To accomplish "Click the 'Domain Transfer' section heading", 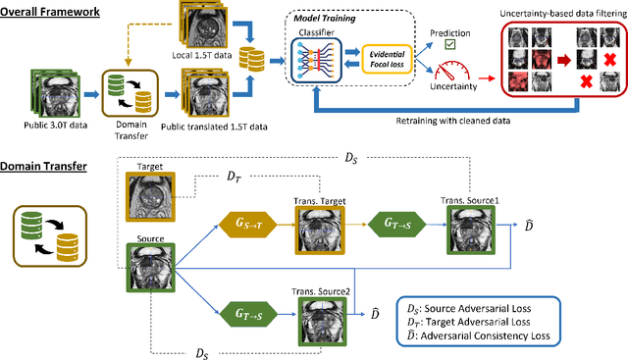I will click(44, 166).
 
